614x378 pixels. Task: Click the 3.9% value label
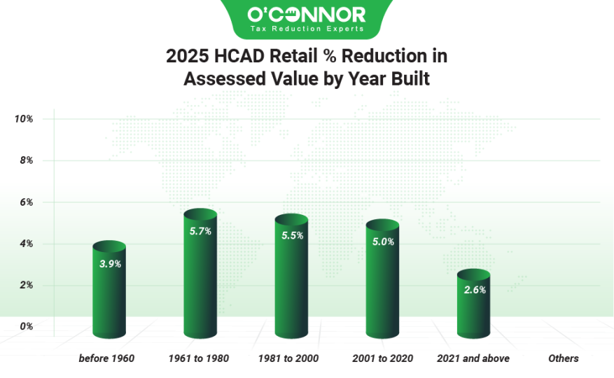[x=110, y=264]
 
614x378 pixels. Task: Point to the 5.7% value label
[x=200, y=232]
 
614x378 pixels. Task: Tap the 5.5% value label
[x=292, y=236]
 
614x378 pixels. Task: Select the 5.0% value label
[x=383, y=242]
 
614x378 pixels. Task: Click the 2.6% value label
[x=474, y=289]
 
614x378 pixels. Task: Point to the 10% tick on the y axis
[x=24, y=119]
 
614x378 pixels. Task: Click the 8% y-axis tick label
[x=27, y=161]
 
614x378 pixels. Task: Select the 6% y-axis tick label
[x=27, y=202]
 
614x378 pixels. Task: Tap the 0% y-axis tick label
[x=27, y=326]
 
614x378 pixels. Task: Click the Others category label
[x=564, y=358]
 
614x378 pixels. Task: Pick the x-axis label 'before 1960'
[x=106, y=358]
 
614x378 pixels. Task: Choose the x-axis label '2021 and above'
[x=473, y=358]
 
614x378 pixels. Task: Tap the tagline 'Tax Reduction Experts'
[x=307, y=29]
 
